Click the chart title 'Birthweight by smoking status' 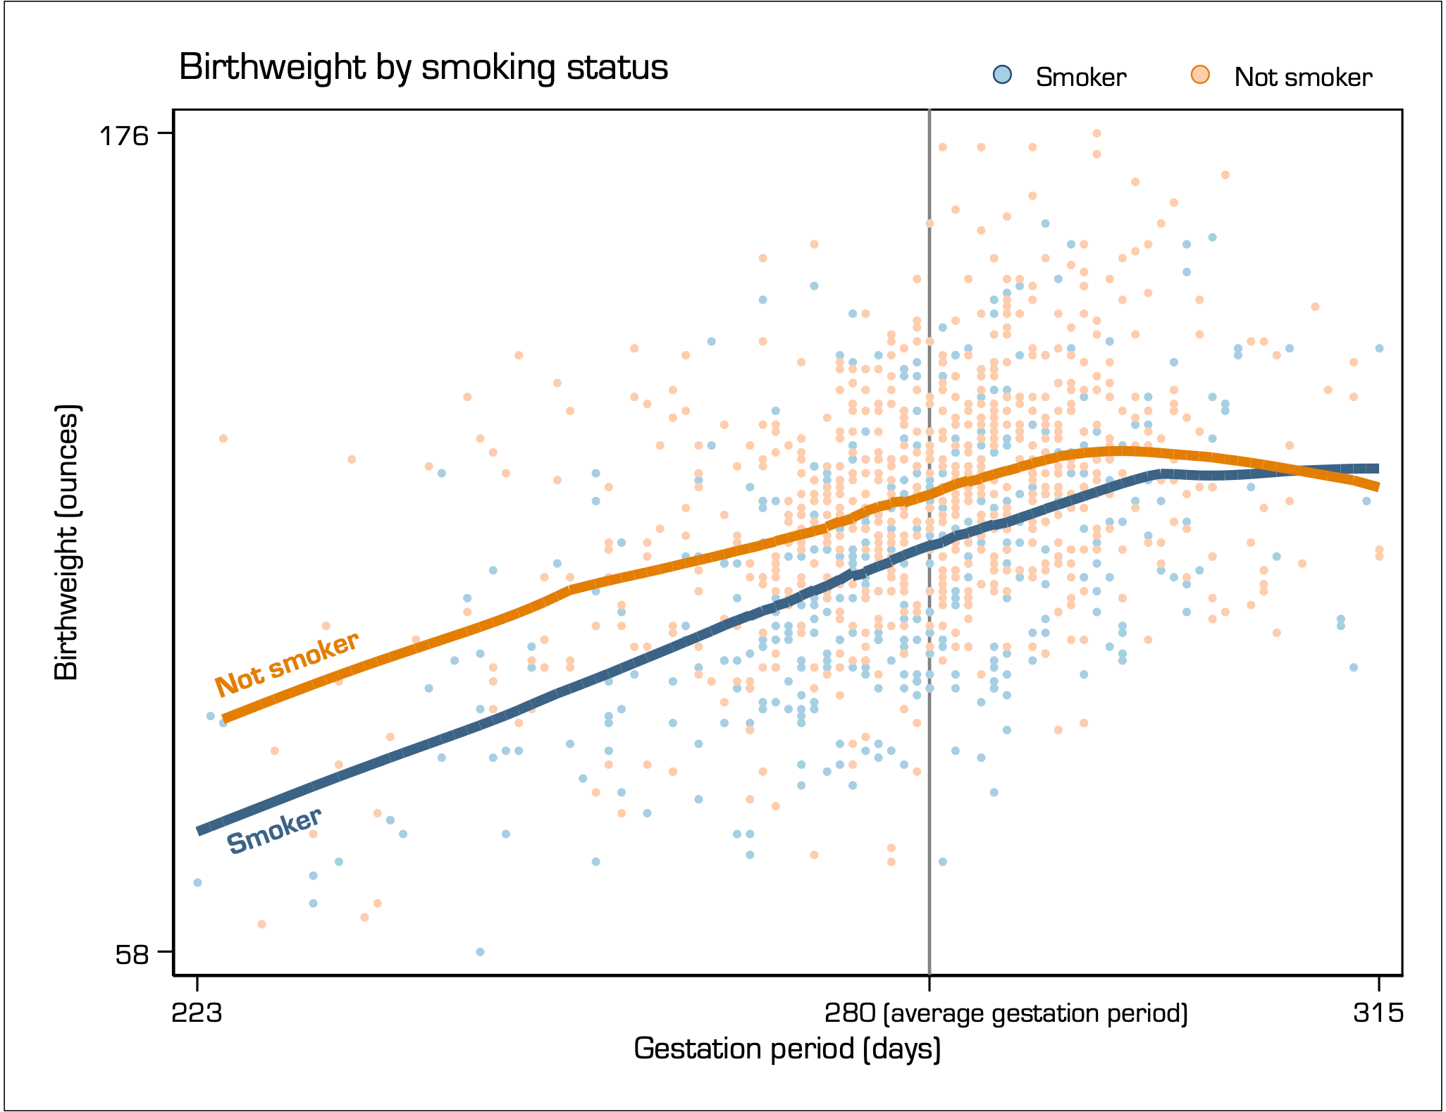[424, 68]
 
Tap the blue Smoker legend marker [1001, 75]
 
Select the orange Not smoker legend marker [1200, 75]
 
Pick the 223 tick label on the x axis [197, 1013]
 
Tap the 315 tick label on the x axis [1378, 1013]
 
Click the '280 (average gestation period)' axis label [1006, 1013]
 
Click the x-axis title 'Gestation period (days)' [787, 1049]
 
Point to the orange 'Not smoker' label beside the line [287, 664]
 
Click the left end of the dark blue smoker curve [199, 830]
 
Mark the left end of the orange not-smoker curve [224, 719]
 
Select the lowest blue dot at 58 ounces [480, 952]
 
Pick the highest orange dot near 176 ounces [1096, 133]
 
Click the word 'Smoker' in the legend [1080, 77]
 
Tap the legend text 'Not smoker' [1303, 77]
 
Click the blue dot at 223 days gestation [197, 882]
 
